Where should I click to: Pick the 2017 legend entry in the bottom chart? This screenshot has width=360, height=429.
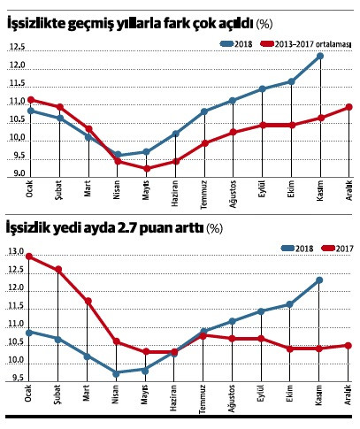coord(340,248)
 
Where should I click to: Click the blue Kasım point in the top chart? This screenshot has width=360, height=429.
coord(319,56)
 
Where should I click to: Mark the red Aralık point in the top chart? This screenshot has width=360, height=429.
coord(349,107)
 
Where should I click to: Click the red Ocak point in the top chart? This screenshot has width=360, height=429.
coord(31,100)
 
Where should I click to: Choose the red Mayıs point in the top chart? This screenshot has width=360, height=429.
coord(146,168)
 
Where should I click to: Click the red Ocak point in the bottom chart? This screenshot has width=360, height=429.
coord(31,257)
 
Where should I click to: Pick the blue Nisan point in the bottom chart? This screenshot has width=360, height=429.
coord(117,373)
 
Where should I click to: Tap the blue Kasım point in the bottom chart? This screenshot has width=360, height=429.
coord(319,280)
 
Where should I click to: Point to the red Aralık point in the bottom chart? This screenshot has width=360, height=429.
coord(349,345)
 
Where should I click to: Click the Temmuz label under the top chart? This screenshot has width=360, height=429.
coord(203,196)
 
